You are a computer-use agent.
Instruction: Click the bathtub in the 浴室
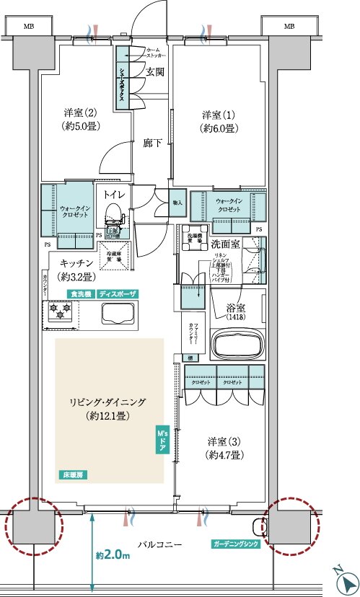click(237, 344)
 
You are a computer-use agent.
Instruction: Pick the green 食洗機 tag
click(80, 294)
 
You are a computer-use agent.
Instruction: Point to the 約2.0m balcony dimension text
click(112, 555)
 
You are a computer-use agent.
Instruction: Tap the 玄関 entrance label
click(155, 72)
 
